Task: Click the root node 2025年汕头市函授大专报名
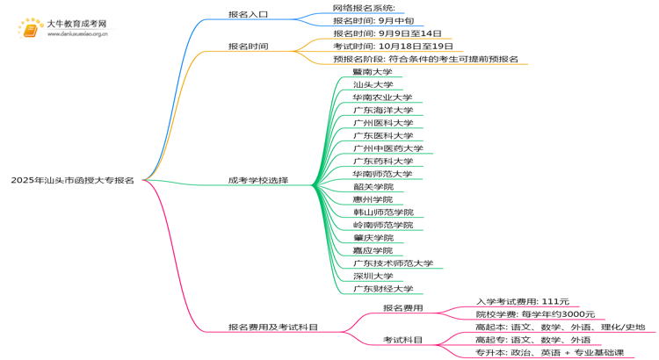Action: click(72, 180)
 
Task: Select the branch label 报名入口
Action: click(248, 15)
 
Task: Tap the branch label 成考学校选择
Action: click(257, 180)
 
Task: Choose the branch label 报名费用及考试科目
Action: click(273, 328)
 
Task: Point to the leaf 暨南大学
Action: click(373, 72)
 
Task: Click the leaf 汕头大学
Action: click(373, 85)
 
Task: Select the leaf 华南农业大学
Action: click(382, 97)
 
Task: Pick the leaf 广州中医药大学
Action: click(387, 148)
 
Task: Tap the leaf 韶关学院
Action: click(373, 187)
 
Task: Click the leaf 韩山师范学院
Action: click(382, 212)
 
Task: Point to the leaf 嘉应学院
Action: click(373, 251)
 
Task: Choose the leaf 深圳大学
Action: click(373, 277)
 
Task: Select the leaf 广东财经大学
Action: click(382, 289)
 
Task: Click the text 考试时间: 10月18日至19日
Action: click(393, 46)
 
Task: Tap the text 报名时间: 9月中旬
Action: click(373, 20)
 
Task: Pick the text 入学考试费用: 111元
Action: click(522, 302)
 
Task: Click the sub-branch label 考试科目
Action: click(402, 340)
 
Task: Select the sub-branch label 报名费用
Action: click(402, 308)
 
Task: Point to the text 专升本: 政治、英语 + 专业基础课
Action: click(549, 353)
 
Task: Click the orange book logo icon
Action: click(31, 29)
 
